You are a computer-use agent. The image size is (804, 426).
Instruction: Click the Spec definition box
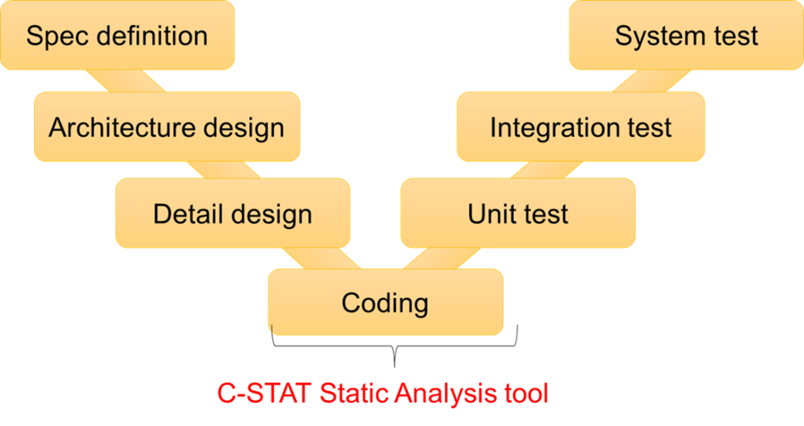tap(117, 35)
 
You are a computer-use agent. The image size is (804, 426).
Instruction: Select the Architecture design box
tap(167, 126)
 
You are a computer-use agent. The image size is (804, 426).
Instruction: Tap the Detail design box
tap(232, 213)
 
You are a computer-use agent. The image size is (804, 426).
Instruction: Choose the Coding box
tap(386, 302)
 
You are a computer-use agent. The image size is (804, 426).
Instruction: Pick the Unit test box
tap(518, 213)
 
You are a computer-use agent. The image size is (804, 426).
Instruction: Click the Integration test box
tap(581, 126)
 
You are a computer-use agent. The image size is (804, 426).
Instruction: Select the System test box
tap(687, 35)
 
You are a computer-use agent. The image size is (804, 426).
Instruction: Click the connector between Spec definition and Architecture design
tap(126, 81)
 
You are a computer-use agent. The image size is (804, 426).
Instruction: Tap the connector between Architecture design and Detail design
tap(224, 170)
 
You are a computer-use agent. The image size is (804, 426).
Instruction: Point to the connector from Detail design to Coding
tap(321, 258)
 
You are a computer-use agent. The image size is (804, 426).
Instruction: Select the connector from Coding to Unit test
tap(442, 258)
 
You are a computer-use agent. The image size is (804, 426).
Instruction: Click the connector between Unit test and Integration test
tap(546, 170)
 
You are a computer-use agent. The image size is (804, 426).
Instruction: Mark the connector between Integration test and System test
tap(651, 81)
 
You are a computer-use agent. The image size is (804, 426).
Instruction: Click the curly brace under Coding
tap(394, 346)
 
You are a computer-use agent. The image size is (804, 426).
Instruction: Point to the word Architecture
tap(122, 126)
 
